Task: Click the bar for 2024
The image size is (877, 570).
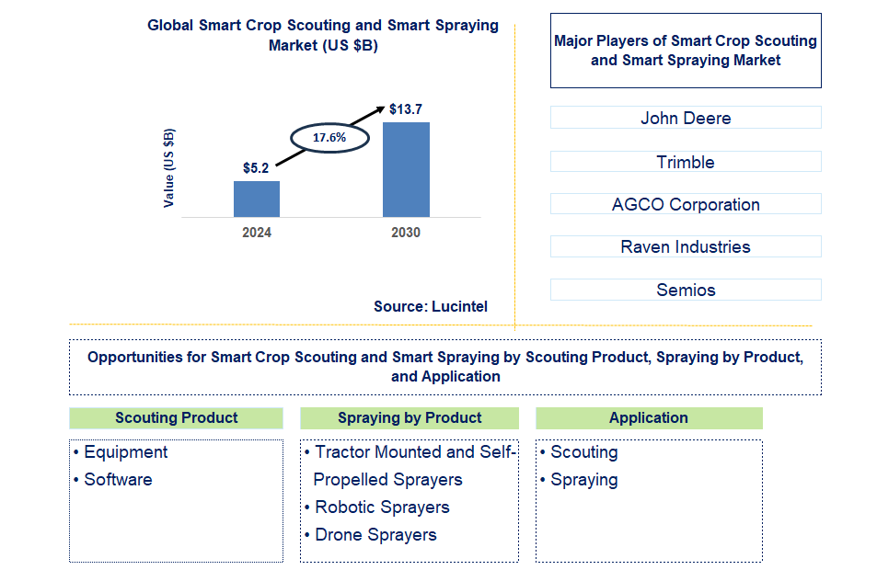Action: [257, 199]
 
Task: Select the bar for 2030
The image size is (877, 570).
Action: [406, 169]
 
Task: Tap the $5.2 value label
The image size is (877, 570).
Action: [256, 168]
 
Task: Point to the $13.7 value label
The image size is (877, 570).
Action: [405, 109]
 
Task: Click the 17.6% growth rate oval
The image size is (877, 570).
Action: [329, 137]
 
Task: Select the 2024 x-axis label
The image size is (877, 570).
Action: [257, 233]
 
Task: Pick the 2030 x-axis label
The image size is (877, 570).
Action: [406, 233]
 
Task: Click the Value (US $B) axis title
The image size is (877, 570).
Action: [168, 167]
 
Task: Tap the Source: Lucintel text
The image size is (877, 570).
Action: [431, 306]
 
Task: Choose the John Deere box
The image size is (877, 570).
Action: [686, 118]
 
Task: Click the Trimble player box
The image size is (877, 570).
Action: [686, 162]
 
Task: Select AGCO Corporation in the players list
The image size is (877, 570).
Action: [686, 204]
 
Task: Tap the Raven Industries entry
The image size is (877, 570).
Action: [686, 246]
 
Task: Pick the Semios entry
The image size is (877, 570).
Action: [686, 290]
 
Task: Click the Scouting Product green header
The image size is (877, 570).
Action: [176, 417]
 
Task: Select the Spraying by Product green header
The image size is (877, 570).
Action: [410, 417]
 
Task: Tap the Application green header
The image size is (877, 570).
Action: [649, 417]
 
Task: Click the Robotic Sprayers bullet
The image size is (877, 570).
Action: [382, 507]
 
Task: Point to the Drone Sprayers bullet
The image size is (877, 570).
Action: [375, 535]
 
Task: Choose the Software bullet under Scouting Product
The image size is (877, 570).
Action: [118, 480]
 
